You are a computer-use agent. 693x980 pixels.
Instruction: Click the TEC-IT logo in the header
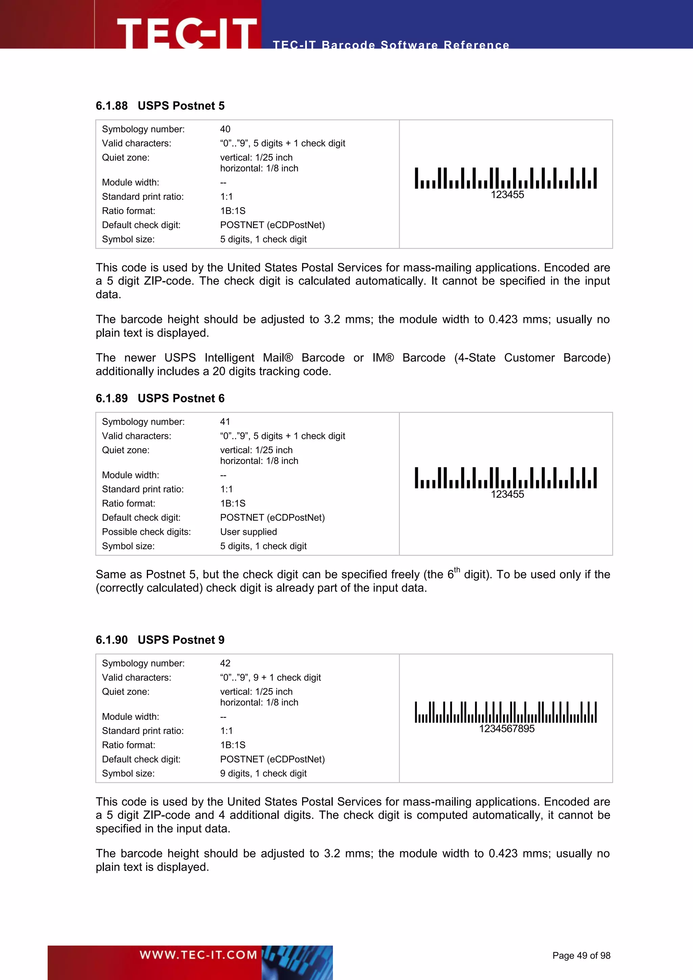186,32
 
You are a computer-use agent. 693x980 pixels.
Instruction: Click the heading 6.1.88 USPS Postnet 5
160,106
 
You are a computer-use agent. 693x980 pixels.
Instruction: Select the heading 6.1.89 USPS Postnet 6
160,398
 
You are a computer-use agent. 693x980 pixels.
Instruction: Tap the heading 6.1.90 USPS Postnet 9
160,640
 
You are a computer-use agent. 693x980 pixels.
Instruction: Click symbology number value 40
225,129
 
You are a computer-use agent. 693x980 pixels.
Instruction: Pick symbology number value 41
225,422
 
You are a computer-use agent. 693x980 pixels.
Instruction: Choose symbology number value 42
225,663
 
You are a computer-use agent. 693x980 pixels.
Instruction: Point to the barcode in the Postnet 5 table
506,178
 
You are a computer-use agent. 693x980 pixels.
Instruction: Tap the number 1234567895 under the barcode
507,729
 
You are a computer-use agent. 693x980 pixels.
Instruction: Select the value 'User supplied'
248,532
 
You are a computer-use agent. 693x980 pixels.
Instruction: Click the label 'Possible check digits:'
147,532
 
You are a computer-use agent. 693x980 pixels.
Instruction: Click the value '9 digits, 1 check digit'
263,774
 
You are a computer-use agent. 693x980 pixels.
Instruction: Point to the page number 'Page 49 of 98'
581,956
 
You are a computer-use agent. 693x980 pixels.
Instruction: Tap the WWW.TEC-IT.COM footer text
198,955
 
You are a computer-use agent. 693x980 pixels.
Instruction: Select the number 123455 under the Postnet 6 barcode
507,494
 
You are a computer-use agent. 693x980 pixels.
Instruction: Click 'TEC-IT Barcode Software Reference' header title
391,45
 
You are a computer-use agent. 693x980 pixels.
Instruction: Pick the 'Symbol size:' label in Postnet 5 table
128,240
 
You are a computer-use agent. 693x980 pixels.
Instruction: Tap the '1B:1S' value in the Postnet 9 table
232,745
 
